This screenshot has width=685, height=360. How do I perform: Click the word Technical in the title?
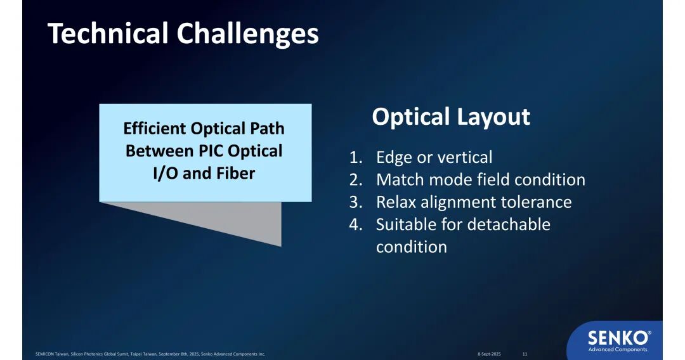point(108,33)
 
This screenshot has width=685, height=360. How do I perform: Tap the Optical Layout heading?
point(451,117)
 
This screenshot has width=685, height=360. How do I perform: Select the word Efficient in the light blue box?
point(155,128)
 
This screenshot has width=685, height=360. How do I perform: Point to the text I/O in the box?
point(166,173)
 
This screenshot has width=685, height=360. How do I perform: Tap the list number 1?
point(356,157)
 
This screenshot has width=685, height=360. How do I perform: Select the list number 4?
point(356,224)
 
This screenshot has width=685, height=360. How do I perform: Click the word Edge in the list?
point(395,158)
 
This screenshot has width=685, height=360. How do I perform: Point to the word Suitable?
point(407,224)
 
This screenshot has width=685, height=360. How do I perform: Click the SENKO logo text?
point(618,338)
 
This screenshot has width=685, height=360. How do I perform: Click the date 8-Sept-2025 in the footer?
point(489,354)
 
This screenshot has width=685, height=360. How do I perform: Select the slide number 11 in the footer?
point(525,354)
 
